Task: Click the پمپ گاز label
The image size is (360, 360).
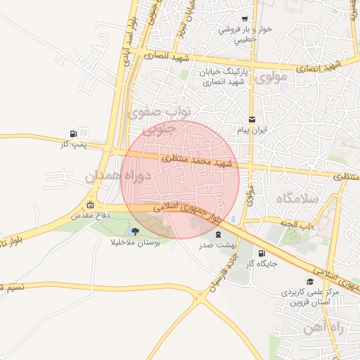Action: click(x=73, y=143)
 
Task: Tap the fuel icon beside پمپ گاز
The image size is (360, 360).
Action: click(x=73, y=134)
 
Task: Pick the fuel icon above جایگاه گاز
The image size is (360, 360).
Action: click(x=262, y=254)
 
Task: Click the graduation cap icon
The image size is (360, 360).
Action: click(x=309, y=281)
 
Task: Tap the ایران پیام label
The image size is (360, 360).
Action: click(x=253, y=131)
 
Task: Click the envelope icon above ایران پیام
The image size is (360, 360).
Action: click(x=252, y=120)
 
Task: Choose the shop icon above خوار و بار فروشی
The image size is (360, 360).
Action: click(x=244, y=18)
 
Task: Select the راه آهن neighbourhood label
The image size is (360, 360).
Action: click(x=323, y=328)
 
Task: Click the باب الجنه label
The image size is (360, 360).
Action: click(x=297, y=226)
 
